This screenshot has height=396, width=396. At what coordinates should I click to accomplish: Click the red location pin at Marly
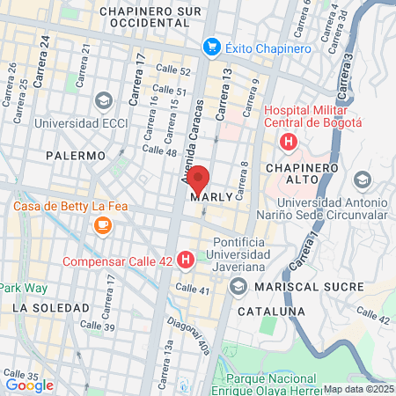tap(198, 180)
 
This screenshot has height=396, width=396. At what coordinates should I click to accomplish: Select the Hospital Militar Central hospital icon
tap(287, 141)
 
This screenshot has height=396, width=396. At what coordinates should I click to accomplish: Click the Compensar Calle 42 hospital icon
tap(185, 260)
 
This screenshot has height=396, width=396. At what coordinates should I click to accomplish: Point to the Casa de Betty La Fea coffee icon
tap(102, 226)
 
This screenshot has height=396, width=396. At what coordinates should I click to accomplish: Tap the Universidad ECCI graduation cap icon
tap(103, 100)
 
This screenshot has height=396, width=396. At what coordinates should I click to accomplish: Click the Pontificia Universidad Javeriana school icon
tap(238, 287)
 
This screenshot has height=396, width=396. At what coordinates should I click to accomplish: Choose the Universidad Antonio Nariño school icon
tap(362, 180)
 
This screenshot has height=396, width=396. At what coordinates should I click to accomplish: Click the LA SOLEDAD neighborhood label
tap(51, 308)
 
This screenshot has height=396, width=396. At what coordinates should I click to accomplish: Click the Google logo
tap(29, 385)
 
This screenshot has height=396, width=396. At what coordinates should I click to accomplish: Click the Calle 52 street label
tap(172, 70)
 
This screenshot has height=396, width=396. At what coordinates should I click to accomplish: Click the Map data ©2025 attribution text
tap(358, 389)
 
